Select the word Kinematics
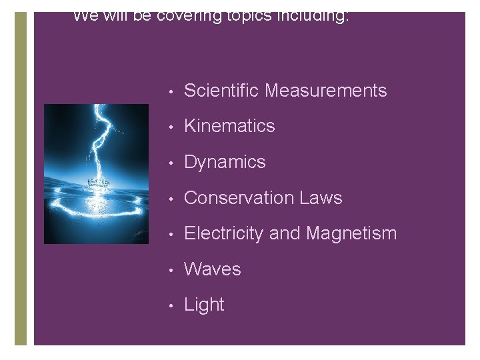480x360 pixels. (x=229, y=126)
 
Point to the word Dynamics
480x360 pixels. (x=225, y=162)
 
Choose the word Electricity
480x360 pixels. (x=227, y=233)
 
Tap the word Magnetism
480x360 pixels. (x=351, y=233)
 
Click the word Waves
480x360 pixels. (x=212, y=269)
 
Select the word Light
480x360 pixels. (x=204, y=305)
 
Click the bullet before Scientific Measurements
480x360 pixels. (x=172, y=91)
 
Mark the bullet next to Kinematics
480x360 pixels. (x=172, y=127)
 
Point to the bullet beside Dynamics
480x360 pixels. (x=172, y=163)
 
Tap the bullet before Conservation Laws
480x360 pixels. (x=172, y=199)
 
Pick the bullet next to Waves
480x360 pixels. (x=172, y=270)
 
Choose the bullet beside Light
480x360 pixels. (x=172, y=305)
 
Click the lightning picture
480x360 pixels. (x=96, y=174)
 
